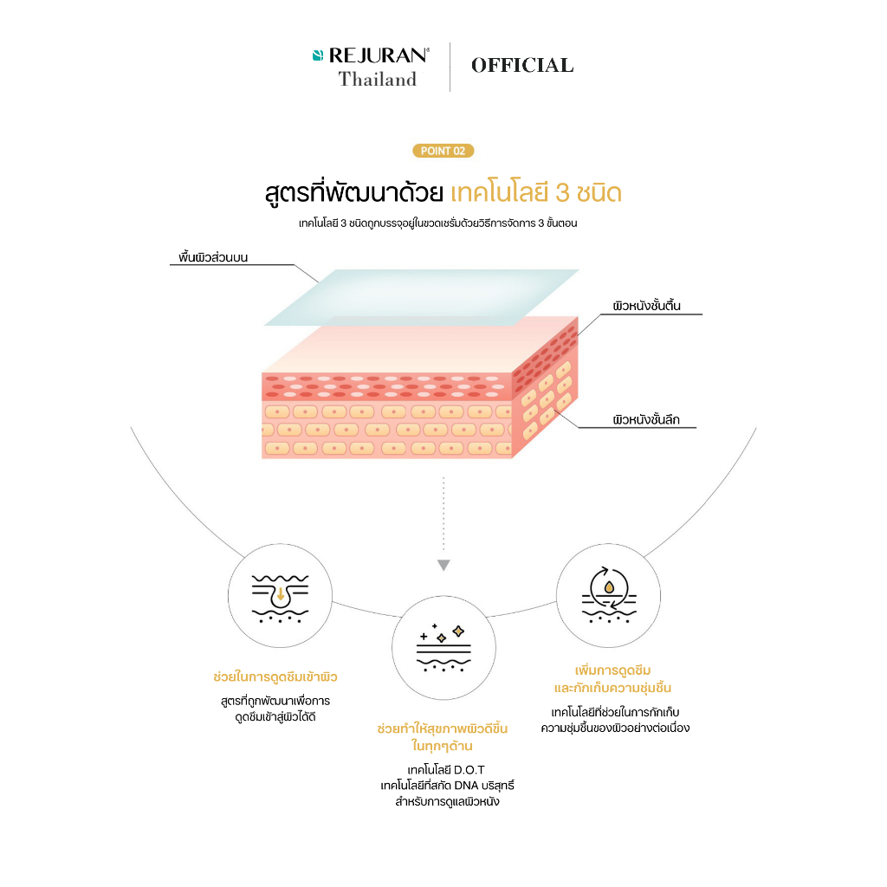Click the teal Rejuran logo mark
point(318,55)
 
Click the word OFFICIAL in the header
point(522,66)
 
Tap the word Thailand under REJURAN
point(378,79)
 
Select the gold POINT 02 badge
point(443,151)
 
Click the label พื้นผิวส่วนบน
point(213,257)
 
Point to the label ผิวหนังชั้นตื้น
point(646,306)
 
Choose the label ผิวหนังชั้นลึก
point(646,420)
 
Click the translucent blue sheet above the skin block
point(422,298)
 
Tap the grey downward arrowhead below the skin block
point(443,565)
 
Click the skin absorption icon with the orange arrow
point(280,599)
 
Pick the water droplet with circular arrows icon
point(609,595)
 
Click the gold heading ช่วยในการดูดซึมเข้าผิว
point(275,677)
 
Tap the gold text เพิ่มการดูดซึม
point(612,670)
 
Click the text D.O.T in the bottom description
point(469,770)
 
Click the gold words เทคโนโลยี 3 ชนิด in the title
point(536,193)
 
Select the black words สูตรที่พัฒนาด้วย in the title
point(354,193)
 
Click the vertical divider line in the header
point(450,67)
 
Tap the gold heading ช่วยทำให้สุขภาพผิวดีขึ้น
point(443,728)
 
